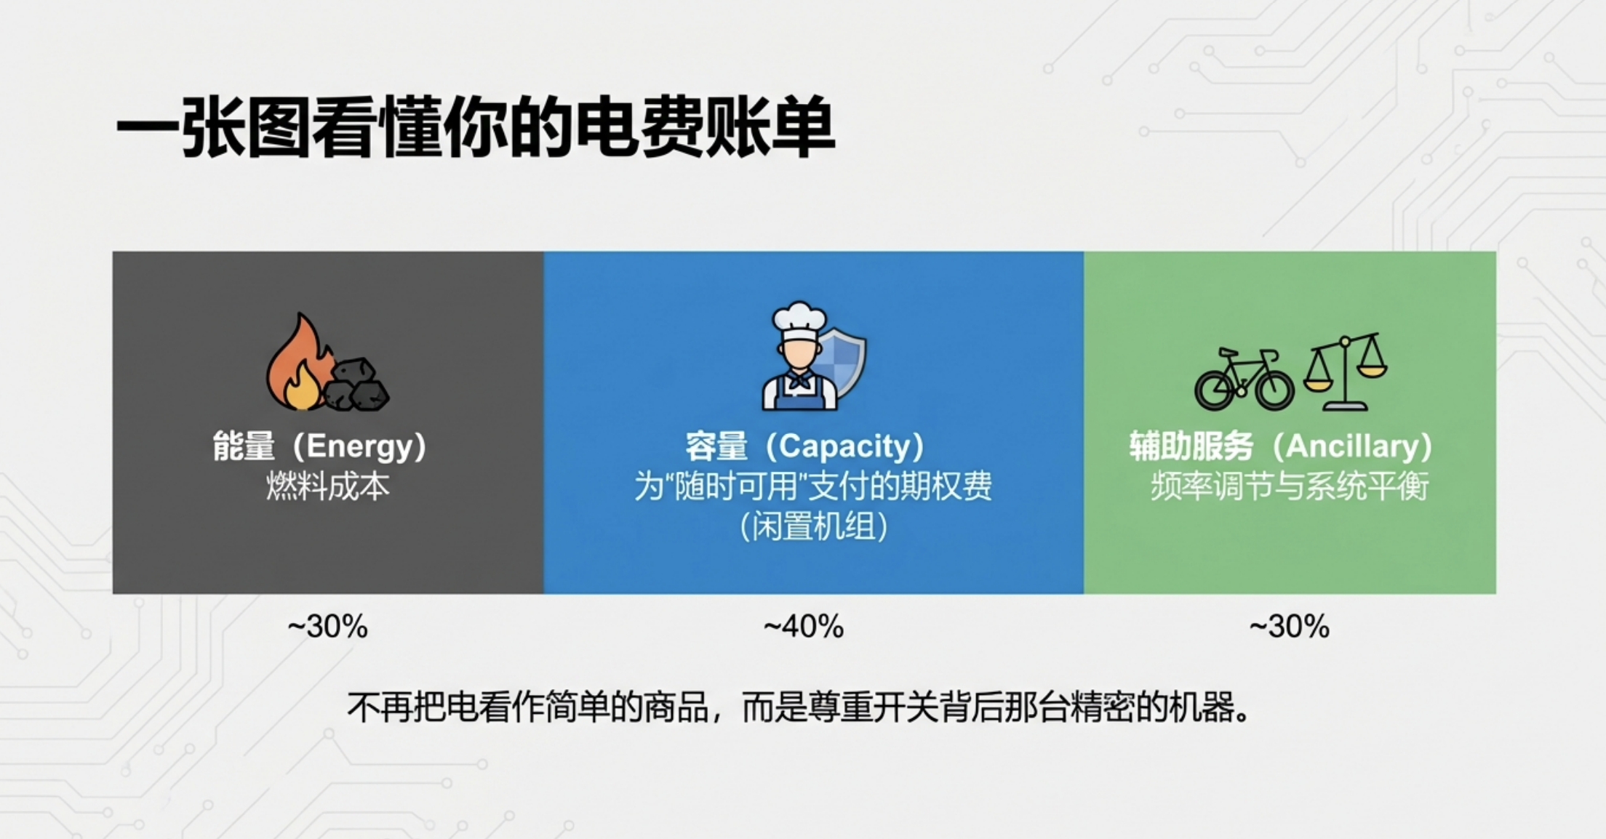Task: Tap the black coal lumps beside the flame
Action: point(356,385)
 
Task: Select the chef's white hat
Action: point(799,321)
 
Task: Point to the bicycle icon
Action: point(1244,379)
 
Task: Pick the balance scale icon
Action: point(1345,372)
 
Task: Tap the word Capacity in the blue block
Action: point(844,446)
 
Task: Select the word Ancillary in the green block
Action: point(1352,446)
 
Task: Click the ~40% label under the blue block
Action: point(804,626)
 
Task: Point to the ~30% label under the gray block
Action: point(328,626)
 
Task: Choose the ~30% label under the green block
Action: point(1290,626)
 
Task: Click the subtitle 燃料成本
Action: point(328,486)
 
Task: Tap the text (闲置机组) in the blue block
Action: point(814,526)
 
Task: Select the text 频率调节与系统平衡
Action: point(1290,486)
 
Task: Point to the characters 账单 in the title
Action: point(770,127)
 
